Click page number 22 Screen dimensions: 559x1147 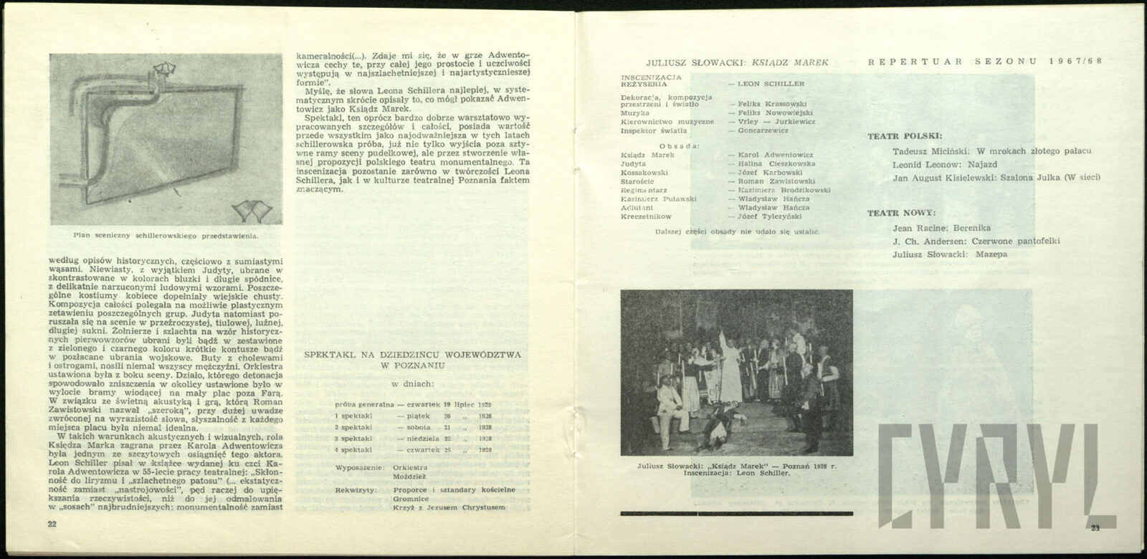52,525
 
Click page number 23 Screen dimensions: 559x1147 1095,528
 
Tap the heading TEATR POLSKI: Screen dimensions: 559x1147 905,135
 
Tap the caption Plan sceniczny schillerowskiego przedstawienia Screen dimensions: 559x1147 166,234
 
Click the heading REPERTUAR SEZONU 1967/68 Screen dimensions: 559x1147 986,62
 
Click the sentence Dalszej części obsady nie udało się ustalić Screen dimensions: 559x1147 738,232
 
